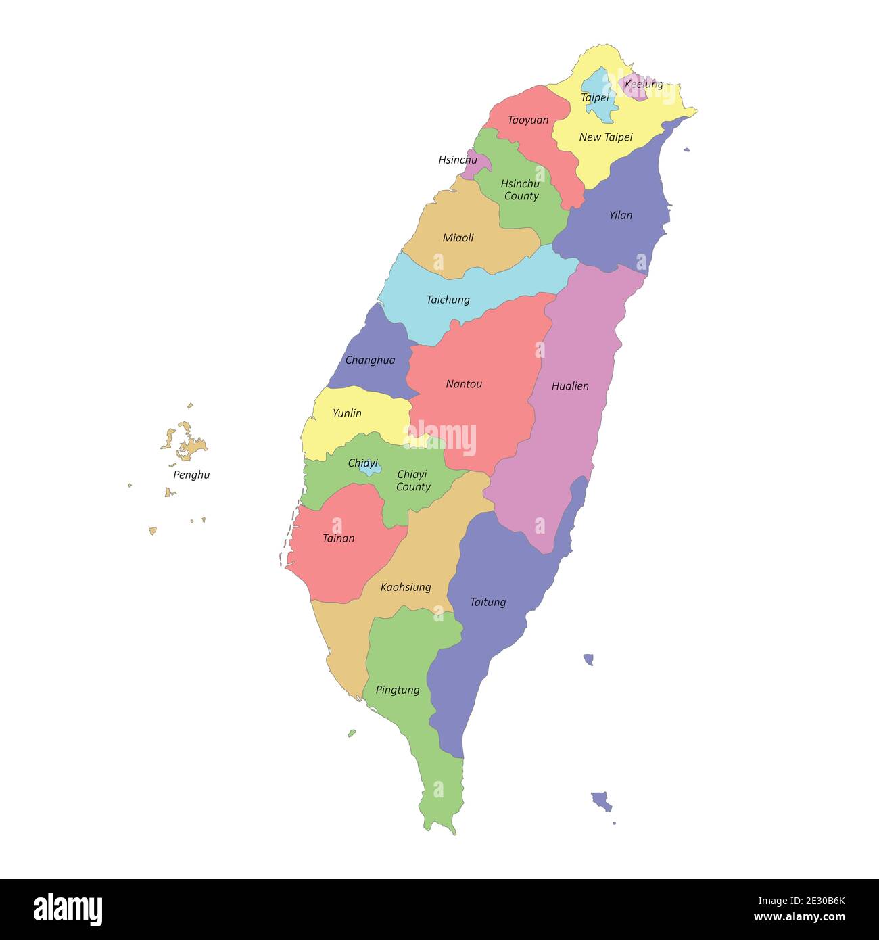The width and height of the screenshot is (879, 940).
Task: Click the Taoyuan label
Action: click(x=528, y=120)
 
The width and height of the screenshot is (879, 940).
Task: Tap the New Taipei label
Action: click(x=606, y=137)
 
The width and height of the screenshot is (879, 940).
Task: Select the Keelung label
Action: click(x=643, y=84)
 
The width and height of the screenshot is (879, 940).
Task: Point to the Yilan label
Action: click(x=620, y=215)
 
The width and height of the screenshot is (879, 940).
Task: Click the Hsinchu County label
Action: click(x=521, y=190)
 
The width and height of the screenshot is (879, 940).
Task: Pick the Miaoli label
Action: click(x=458, y=237)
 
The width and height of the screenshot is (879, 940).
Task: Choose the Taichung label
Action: click(x=448, y=300)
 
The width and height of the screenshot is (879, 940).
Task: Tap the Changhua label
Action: click(x=370, y=360)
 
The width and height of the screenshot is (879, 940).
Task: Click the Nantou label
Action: click(x=464, y=384)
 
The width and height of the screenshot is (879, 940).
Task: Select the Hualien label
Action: click(x=570, y=386)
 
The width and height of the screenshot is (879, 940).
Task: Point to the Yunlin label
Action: click(x=347, y=413)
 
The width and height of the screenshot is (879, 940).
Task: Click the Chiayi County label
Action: click(x=412, y=481)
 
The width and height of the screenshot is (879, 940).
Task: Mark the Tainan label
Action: click(x=338, y=538)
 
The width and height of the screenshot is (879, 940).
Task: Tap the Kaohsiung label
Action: click(x=406, y=587)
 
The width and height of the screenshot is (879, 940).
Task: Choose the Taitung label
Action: click(x=488, y=602)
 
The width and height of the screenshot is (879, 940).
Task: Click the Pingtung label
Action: click(x=398, y=690)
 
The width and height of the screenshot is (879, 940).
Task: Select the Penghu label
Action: click(x=191, y=475)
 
